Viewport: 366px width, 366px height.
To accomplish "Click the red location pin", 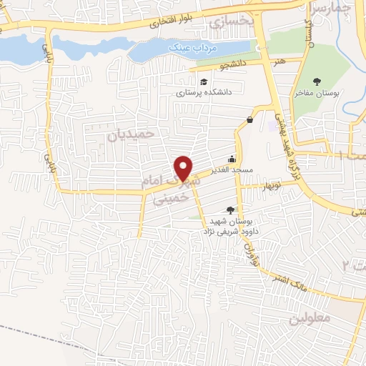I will click(x=184, y=168).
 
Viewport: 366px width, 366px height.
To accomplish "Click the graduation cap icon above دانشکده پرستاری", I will click(x=204, y=81).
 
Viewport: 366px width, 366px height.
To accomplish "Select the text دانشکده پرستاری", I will click(x=204, y=92).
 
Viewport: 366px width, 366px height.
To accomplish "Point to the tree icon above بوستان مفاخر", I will click(x=317, y=81).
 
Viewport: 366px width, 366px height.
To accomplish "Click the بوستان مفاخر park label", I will click(x=318, y=93).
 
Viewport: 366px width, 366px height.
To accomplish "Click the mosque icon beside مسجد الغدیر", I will click(x=232, y=160).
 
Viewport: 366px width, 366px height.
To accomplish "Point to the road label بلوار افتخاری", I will click(x=167, y=23).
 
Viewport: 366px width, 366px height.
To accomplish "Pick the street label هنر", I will click(x=278, y=62).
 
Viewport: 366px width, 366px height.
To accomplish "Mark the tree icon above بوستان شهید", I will click(x=229, y=209).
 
